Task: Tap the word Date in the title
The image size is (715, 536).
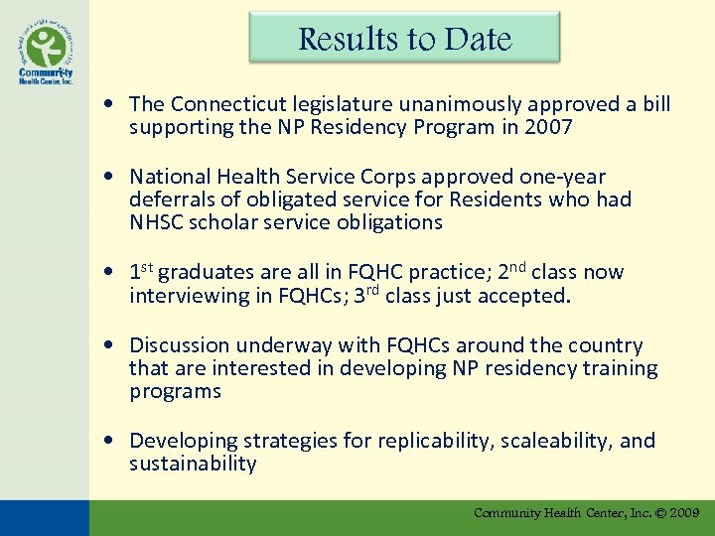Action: tap(478, 39)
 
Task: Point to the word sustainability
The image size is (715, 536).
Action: tap(193, 464)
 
